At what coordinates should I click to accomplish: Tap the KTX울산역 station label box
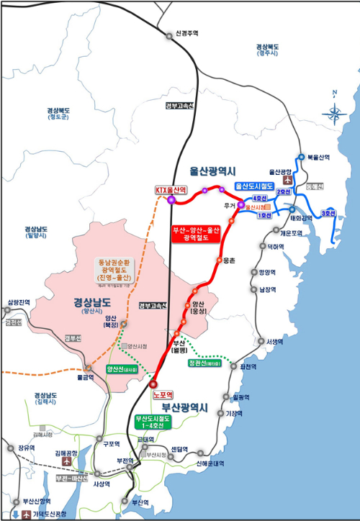click(x=171, y=190)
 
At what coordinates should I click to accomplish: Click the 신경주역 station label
click(x=186, y=33)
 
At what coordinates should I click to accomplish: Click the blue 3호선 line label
click(x=328, y=213)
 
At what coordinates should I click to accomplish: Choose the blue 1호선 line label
click(x=264, y=216)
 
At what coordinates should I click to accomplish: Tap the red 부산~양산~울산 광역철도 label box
click(x=194, y=234)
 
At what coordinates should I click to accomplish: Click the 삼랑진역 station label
click(x=19, y=302)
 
